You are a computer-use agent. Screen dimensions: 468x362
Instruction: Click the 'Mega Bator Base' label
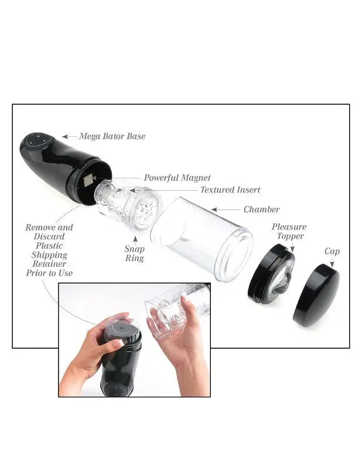[112, 136]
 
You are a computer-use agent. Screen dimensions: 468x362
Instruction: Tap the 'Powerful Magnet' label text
[177, 178]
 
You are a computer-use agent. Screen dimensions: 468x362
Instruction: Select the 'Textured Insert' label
[230, 190]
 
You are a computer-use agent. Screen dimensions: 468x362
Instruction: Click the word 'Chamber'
[261, 209]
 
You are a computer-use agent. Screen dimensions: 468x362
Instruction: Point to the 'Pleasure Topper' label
[289, 232]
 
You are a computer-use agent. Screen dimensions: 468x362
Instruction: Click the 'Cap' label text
[332, 252]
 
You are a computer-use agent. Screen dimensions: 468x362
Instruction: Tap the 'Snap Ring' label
[135, 253]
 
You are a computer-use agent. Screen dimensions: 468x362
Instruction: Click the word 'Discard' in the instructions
[49, 237]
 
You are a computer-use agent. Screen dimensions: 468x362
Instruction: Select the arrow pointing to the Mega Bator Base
[69, 136]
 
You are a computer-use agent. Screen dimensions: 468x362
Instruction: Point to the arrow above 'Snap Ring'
[135, 239]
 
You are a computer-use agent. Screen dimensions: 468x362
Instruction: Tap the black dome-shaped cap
[316, 295]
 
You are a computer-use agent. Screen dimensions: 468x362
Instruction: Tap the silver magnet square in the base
[89, 181]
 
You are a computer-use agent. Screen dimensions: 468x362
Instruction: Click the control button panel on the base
[39, 141]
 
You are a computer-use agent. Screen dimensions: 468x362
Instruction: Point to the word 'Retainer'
[49, 264]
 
